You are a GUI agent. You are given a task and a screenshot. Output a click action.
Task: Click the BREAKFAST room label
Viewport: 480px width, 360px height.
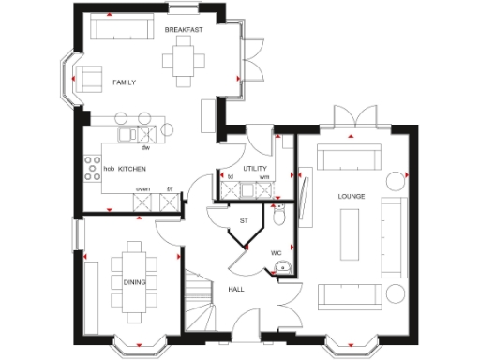184,30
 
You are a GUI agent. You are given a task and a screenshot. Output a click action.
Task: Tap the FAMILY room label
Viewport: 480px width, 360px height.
124,82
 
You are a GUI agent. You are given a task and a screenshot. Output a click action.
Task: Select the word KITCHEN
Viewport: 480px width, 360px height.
132,168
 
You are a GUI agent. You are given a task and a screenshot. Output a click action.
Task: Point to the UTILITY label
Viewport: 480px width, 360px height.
255,168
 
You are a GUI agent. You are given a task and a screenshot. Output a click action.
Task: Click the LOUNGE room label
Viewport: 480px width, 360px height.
352,195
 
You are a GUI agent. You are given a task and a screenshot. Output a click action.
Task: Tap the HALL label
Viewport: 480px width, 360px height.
236,289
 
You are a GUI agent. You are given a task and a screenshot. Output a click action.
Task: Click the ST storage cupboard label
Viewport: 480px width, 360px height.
244,220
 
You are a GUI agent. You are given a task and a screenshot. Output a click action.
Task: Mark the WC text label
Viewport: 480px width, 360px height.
277,252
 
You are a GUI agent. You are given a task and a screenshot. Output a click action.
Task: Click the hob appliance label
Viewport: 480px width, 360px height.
109,169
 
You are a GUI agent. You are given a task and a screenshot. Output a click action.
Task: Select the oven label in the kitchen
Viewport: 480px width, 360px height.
142,188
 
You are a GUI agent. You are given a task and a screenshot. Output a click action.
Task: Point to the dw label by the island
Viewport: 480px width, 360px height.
145,148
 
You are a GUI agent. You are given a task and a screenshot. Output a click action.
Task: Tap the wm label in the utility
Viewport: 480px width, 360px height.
264,176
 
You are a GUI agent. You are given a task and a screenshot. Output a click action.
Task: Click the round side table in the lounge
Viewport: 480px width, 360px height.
393,180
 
